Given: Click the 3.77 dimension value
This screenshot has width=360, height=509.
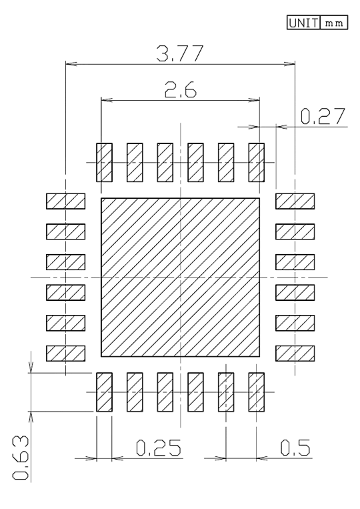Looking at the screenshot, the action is coord(180,53).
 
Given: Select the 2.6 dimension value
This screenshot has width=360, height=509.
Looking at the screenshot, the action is coord(180,89).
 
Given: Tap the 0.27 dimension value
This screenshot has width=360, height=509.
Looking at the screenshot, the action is coord(323,117).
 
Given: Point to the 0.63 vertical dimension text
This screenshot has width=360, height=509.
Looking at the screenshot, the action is coord(21,458).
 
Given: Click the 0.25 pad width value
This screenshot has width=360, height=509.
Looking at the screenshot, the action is coord(158,448).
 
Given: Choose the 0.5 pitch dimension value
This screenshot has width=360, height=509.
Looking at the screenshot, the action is coord(295,448).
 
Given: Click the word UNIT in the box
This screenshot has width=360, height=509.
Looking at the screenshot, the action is coord(303,23).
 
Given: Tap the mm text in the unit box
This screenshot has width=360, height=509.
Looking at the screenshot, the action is coord(334,23).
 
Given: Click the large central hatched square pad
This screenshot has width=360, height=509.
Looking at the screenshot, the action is coord(180,278).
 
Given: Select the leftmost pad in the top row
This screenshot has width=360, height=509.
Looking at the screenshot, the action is coord(104,162).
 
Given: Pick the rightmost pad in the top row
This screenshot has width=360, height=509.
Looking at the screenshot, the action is coord(257,162).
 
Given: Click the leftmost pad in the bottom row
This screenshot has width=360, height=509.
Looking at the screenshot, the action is coord(104,392).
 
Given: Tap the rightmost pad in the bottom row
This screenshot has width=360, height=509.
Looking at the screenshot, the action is coord(257,392).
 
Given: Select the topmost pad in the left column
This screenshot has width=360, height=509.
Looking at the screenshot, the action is coord(66,201).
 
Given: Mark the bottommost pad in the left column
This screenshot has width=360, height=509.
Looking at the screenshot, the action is coord(66,354).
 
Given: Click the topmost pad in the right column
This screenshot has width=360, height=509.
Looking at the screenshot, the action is coord(295,201).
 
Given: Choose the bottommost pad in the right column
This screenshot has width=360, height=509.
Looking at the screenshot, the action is coord(295,354).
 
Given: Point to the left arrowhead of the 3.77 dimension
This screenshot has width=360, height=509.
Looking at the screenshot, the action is coord(71,63).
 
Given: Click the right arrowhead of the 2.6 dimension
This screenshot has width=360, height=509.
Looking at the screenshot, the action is coord(255,100).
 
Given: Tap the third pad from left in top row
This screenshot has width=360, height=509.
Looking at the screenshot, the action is coord(165,162).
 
